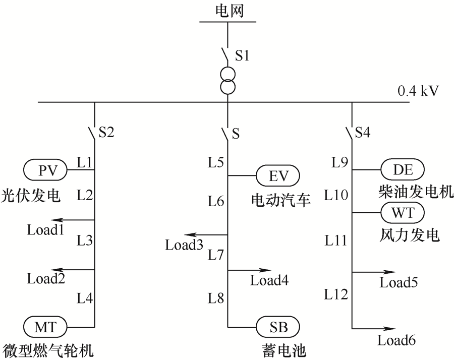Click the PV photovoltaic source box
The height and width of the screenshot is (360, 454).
[45, 170]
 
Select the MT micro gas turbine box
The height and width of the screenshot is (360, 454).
[45, 327]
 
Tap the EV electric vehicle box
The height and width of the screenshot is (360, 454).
[278, 175]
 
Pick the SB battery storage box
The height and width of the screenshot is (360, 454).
[278, 327]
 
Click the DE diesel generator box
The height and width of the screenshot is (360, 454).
[403, 169]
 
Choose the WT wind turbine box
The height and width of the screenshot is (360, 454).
[403, 213]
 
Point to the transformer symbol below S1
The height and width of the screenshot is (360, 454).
[228, 81]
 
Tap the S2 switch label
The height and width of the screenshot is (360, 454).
[106, 132]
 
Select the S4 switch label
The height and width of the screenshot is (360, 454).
[363, 132]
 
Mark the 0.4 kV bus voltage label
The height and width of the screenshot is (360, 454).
[418, 91]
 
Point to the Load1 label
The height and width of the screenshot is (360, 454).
[45, 230]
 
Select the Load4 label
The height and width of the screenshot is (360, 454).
[269, 280]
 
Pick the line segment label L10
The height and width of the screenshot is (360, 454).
[336, 195]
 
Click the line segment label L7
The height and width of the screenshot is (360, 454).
[216, 255]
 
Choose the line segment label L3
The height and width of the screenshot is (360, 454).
[85, 240]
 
